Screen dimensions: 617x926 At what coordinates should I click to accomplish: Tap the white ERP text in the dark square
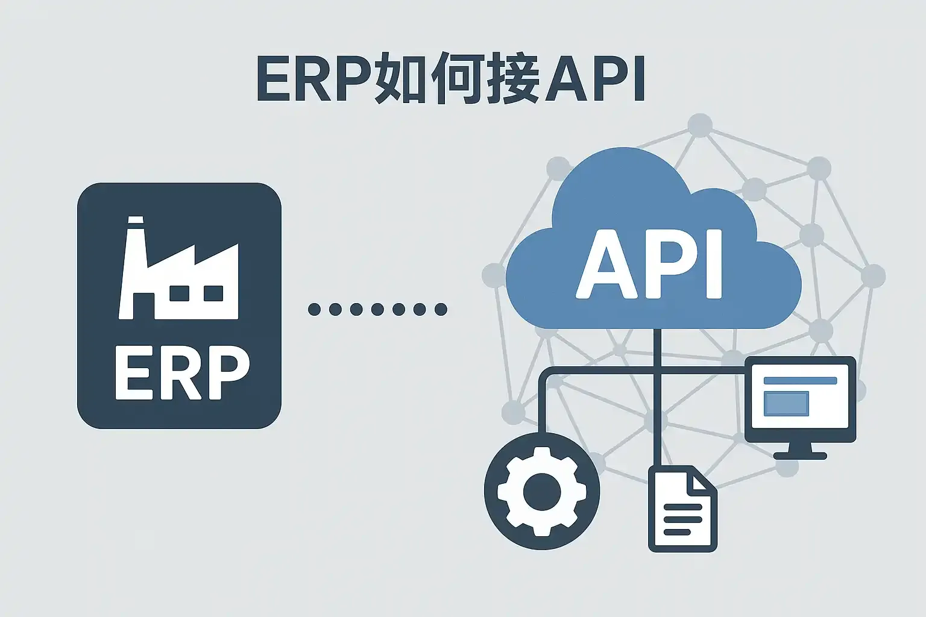(182, 372)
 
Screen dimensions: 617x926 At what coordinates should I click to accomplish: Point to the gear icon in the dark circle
(542, 491)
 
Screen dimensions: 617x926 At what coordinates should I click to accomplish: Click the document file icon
(682, 509)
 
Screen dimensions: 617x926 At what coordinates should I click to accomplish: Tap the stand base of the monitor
(800, 455)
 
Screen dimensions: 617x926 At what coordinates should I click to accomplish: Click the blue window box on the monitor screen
(786, 403)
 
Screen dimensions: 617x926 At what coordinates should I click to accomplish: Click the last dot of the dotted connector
(441, 310)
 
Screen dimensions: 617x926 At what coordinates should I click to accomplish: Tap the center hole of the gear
(542, 492)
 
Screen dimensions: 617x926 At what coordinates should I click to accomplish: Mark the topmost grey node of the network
(699, 125)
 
